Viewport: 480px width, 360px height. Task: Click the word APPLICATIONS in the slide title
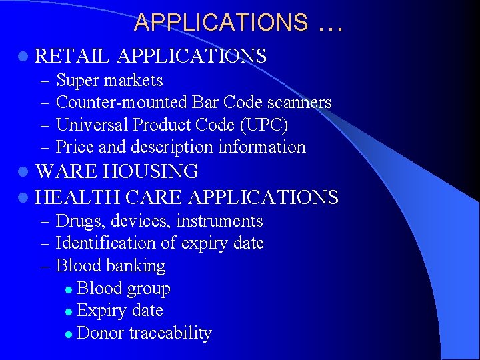coord(221,23)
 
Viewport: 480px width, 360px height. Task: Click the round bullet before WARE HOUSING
coord(24,173)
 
